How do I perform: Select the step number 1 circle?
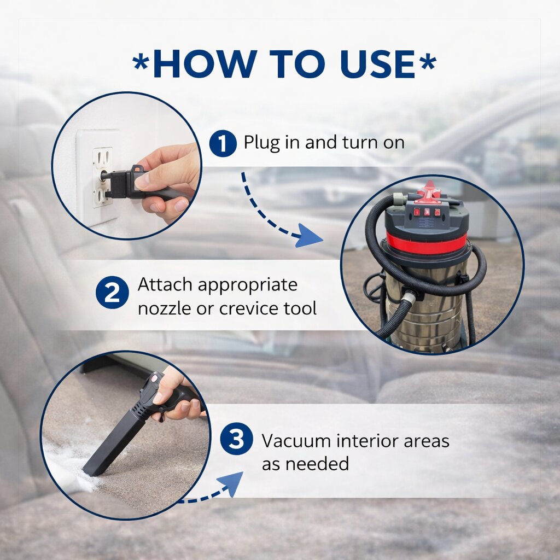point(223,144)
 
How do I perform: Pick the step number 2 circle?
point(112,293)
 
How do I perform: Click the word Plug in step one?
point(261,143)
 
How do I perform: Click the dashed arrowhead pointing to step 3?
point(230,483)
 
